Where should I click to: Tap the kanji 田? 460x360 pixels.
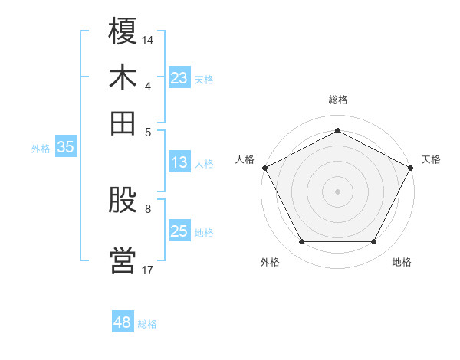tap(123, 122)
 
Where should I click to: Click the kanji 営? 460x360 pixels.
tap(123, 260)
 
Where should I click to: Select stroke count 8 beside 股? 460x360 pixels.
tap(148, 208)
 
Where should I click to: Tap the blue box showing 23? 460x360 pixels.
tap(179, 78)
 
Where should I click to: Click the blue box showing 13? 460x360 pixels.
tap(179, 162)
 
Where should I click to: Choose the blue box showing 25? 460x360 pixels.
tap(179, 231)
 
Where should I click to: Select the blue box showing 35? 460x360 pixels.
tap(65, 148)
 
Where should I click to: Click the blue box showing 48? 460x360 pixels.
tap(123, 322)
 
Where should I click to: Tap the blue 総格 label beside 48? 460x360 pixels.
tap(147, 324)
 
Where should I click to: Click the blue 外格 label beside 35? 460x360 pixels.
tap(41, 149)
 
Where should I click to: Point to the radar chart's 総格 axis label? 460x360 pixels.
tap(337, 100)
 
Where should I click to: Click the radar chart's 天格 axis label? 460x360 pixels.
tap(431, 159)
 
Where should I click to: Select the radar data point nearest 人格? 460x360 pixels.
tap(265, 168)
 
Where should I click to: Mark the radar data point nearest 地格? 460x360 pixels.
tap(374, 242)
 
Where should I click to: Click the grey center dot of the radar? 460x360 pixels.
tap(337, 191)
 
